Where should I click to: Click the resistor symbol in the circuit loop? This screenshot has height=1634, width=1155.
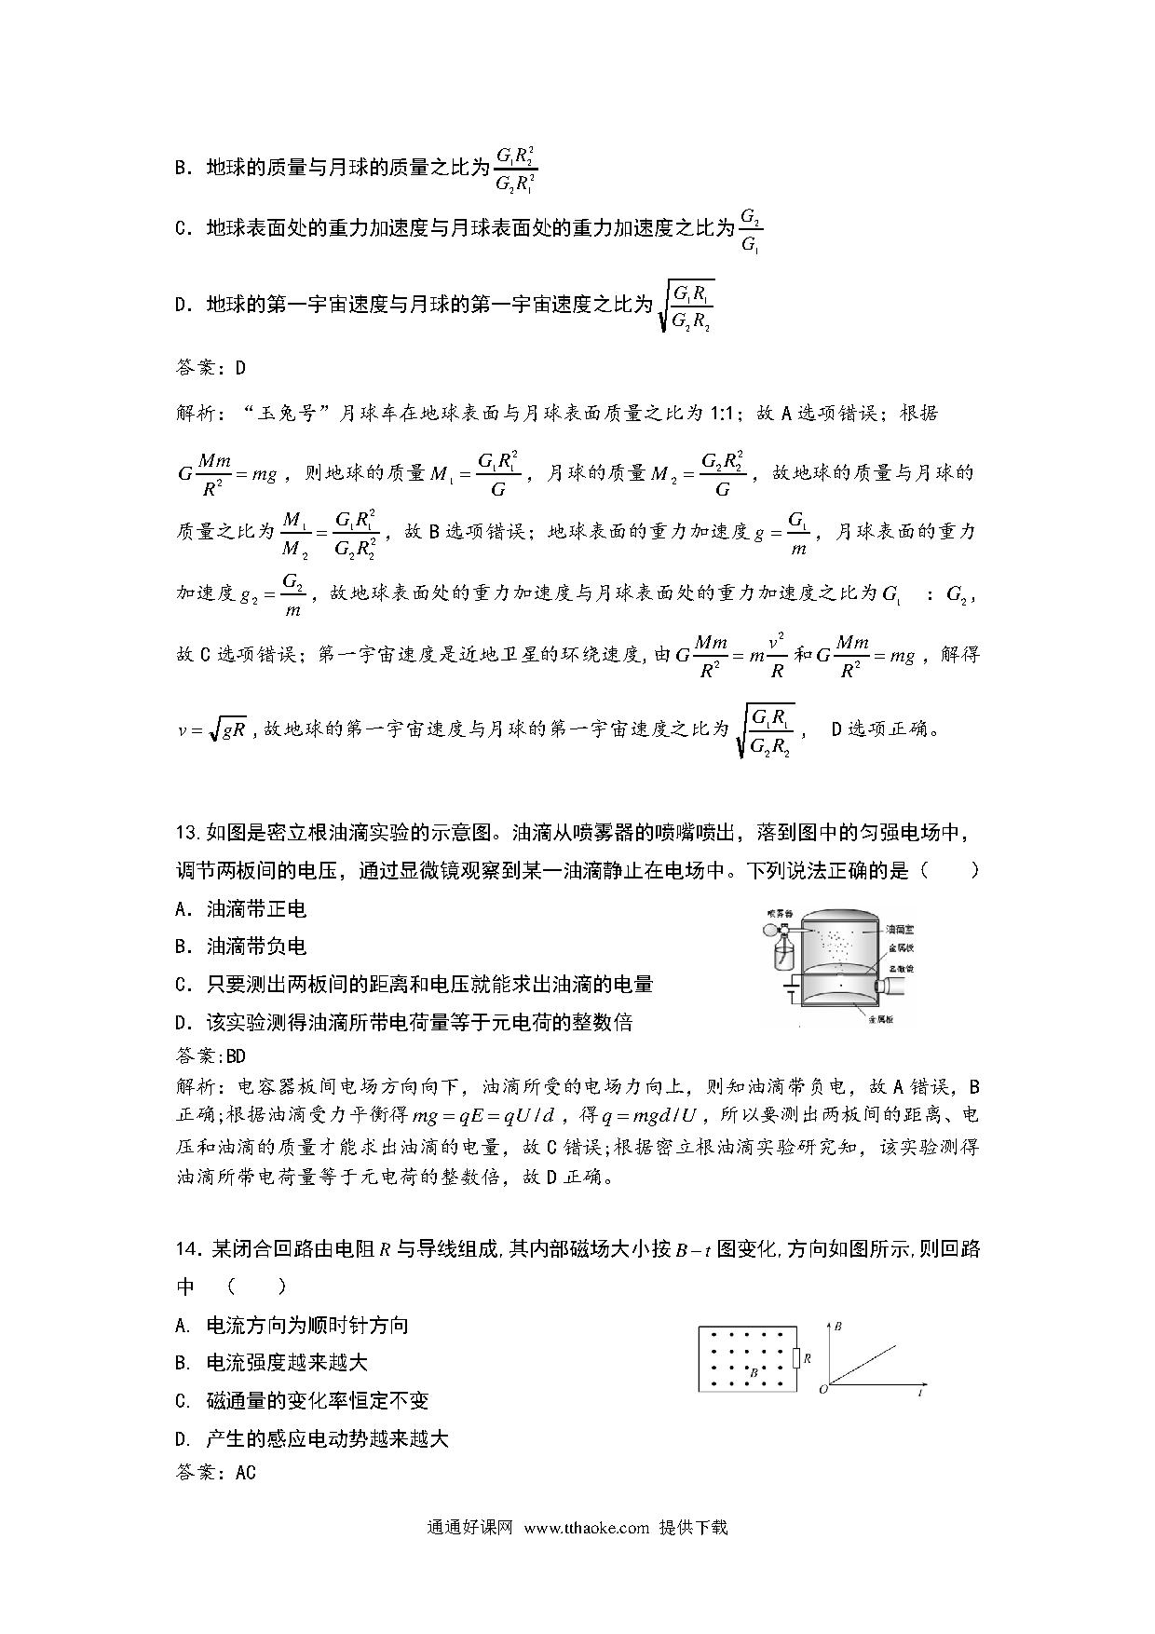796,1358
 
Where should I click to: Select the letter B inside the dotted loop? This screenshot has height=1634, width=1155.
753,1371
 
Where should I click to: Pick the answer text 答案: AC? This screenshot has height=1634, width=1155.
215,1472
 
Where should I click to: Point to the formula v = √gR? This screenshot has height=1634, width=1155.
211,729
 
